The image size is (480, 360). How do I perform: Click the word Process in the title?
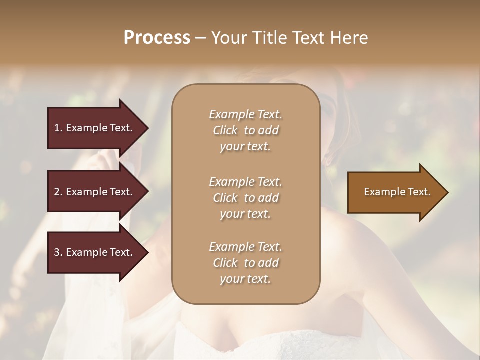click(157, 38)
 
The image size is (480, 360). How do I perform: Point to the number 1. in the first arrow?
click(58, 128)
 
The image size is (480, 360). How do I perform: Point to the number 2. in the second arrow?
click(58, 192)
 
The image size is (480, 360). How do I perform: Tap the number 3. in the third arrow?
click(58, 252)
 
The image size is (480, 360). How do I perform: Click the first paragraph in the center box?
click(245, 130)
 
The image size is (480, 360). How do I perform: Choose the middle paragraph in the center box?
click(245, 198)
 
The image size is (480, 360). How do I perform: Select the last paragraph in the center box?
click(245, 263)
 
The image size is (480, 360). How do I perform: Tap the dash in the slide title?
click(200, 38)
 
